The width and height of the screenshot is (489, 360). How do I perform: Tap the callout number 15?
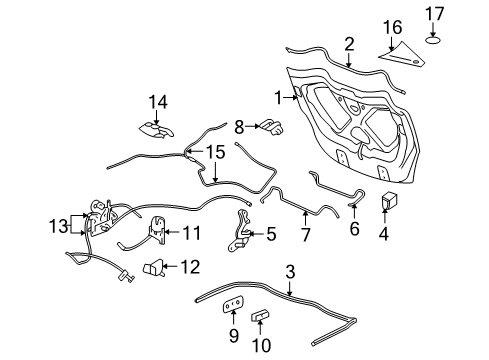pyautogui.click(x=217, y=152)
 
